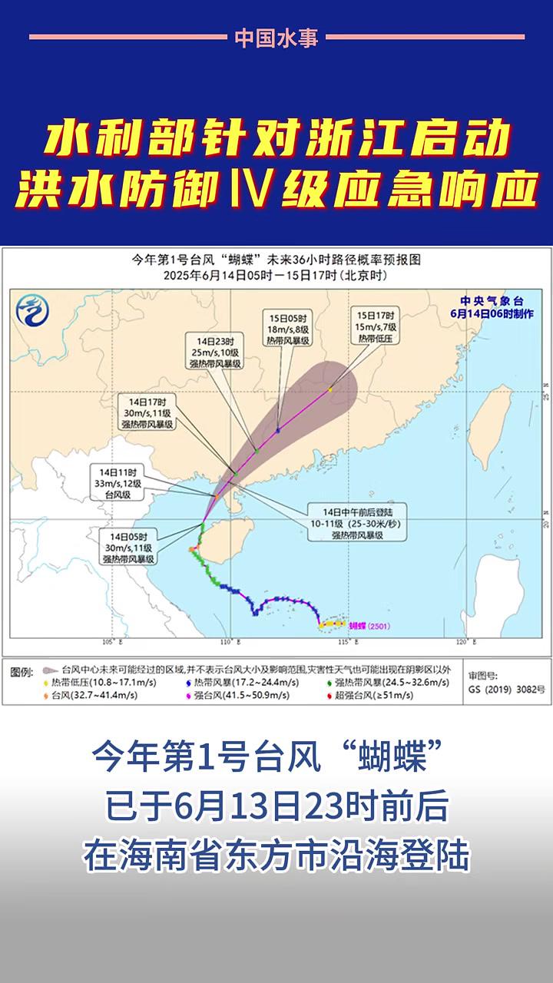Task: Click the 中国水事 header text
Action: click(x=276, y=38)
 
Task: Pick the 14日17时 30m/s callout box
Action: click(x=148, y=412)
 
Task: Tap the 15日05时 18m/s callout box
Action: click(x=293, y=329)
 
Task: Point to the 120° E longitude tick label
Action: click(x=461, y=642)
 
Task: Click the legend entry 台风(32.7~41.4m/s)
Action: click(x=94, y=695)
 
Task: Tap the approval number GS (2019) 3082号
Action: click(x=506, y=690)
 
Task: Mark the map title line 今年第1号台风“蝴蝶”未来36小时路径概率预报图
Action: click(x=276, y=260)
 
